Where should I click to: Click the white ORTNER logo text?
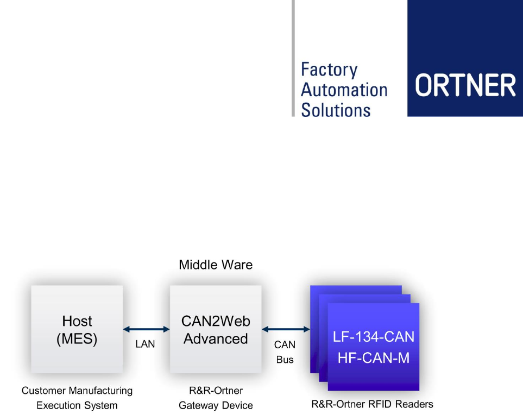pos(465,85)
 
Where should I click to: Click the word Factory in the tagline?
pos(329,70)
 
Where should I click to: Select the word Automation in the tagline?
pos(344,90)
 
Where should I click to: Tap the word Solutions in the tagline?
pos(336,110)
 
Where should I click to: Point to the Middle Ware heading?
pos(216,265)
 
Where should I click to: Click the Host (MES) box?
pos(77,329)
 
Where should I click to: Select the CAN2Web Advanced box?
pos(216,329)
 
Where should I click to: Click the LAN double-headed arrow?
pos(147,329)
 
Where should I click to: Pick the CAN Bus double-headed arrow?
pos(286,329)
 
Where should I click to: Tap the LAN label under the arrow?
pos(145,344)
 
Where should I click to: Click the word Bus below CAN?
pos(285,360)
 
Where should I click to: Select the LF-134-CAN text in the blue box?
pos(374,337)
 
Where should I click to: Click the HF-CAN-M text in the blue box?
pos(374,358)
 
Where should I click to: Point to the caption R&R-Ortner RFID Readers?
pos(372,404)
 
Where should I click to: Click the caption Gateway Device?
pos(216,406)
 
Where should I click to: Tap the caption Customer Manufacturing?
pos(77,391)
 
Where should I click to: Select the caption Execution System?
pos(77,406)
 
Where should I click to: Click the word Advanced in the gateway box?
pos(216,339)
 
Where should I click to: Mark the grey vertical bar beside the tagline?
pos(293,58)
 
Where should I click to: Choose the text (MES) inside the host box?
pos(77,339)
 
